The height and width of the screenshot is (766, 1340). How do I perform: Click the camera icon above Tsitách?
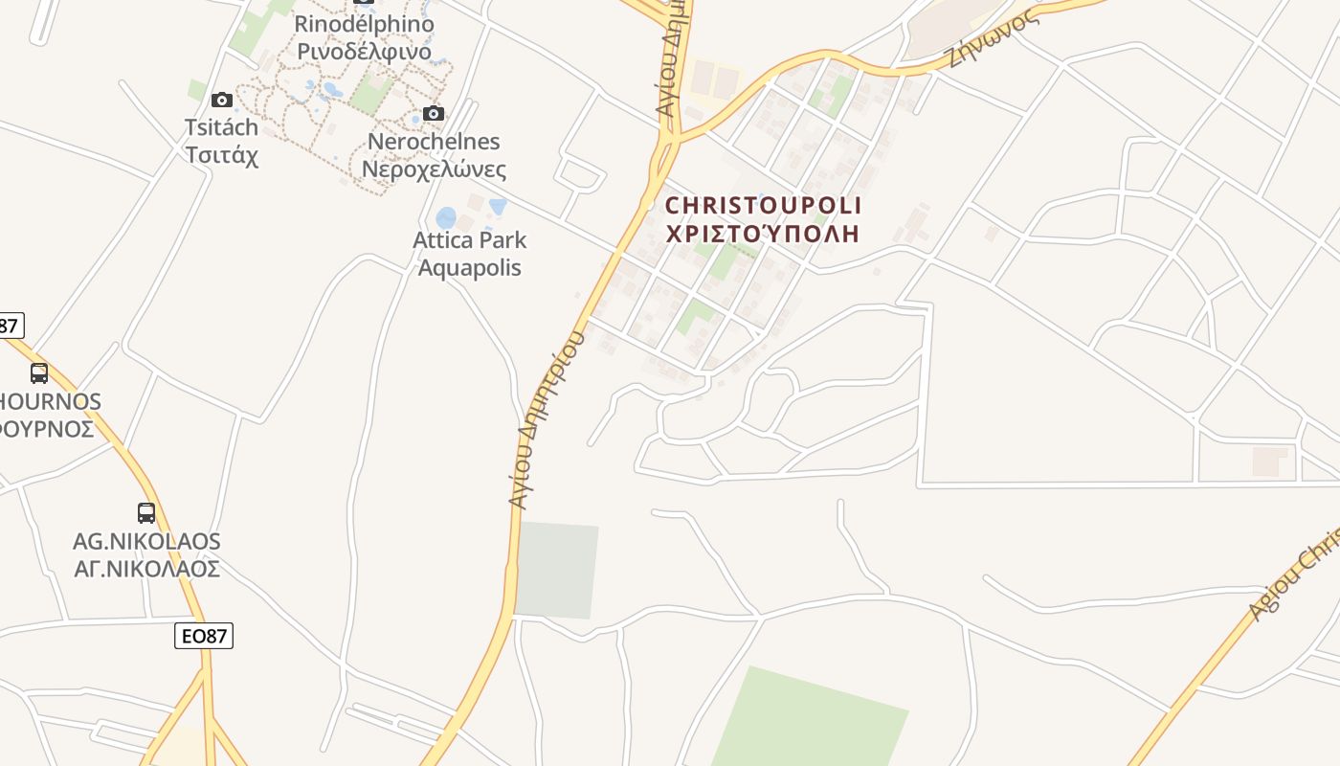pyautogui.click(x=222, y=100)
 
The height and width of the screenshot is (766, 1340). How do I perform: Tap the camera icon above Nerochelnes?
pyautogui.click(x=433, y=114)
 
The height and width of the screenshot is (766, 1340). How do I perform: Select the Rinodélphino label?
pyautogui.click(x=364, y=24)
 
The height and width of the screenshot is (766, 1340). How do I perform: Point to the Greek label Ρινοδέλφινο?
pyautogui.click(x=364, y=51)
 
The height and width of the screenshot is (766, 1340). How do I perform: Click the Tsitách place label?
pyautogui.click(x=221, y=127)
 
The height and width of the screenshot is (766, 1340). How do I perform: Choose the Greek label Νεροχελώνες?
pyautogui.click(x=434, y=170)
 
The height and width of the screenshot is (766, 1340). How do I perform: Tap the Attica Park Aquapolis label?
pyautogui.click(x=469, y=253)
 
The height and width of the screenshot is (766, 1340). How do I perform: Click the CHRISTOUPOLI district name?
pyautogui.click(x=763, y=206)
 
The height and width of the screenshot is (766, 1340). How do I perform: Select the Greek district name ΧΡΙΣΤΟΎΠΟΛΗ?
pyautogui.click(x=763, y=234)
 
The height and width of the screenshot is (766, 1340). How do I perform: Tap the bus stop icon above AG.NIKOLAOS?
pyautogui.click(x=146, y=513)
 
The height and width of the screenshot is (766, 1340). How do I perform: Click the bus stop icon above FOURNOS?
pyautogui.click(x=39, y=373)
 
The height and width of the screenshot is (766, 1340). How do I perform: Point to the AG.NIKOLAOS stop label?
pyautogui.click(x=146, y=542)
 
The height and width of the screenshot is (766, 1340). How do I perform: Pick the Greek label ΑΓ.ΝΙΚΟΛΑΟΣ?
pyautogui.click(x=146, y=569)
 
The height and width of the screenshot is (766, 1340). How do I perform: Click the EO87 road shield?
pyautogui.click(x=204, y=635)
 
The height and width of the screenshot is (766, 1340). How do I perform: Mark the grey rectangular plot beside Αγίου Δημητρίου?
pyautogui.click(x=556, y=570)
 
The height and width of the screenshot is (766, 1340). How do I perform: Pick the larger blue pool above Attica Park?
pyautogui.click(x=446, y=218)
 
